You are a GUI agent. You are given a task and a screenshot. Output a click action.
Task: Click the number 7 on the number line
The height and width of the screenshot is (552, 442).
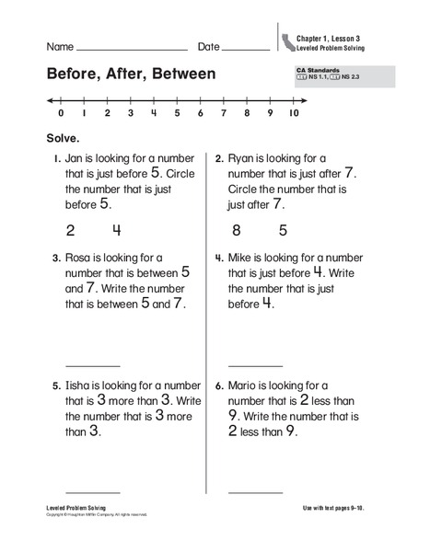pyautogui.click(x=224, y=114)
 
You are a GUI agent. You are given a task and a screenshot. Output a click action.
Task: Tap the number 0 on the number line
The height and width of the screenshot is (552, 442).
pyautogui.click(x=61, y=114)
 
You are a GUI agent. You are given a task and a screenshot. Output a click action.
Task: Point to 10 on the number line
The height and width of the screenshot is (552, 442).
pyautogui.click(x=294, y=114)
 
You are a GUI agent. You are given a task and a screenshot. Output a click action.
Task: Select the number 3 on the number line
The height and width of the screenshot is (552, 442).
pyautogui.click(x=131, y=114)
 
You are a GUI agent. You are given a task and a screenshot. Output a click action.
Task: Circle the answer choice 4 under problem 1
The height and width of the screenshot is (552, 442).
pyautogui.click(x=117, y=230)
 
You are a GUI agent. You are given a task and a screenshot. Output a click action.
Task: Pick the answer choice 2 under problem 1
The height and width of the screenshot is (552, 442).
pyautogui.click(x=70, y=230)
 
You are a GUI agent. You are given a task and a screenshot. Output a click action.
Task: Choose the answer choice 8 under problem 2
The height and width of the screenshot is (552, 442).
pyautogui.click(x=237, y=230)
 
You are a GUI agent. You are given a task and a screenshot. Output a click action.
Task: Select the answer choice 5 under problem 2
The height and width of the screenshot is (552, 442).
pyautogui.click(x=283, y=230)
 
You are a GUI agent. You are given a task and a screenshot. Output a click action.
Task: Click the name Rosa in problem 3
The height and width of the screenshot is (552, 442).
pyautogui.click(x=81, y=259)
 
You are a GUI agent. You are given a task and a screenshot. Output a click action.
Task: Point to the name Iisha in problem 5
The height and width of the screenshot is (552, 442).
pyautogui.click(x=81, y=386)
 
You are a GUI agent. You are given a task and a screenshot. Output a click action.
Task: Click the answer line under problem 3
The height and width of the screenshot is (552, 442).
pyautogui.click(x=92, y=365)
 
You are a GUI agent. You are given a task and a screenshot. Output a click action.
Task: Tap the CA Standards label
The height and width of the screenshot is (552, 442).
pyautogui.click(x=316, y=70)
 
